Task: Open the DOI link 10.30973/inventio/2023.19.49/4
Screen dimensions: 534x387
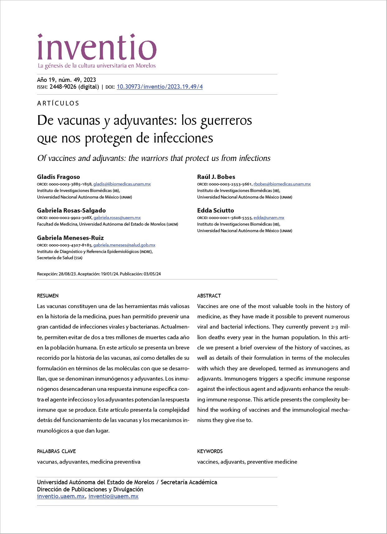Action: pos(159,87)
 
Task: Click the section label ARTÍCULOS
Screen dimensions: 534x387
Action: pos(58,103)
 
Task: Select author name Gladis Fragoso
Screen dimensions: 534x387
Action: pos(59,177)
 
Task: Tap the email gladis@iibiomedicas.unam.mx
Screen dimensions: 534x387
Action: pos(122,184)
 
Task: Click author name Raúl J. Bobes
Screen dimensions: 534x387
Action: pos(216,177)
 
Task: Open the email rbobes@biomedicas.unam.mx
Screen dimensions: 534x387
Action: pos(282,184)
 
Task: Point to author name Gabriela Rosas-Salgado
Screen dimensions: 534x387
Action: pos(71,210)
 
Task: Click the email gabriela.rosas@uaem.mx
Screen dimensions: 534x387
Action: pos(117,218)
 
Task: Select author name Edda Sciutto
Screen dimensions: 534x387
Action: pos(215,210)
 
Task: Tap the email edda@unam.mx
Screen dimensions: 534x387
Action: pos(269,218)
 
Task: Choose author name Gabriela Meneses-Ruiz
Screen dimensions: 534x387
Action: pos(70,238)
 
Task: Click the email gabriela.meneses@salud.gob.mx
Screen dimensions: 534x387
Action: pos(124,245)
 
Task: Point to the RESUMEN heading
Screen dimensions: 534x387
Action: pos(48,296)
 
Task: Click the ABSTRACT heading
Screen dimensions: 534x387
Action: pos(209,296)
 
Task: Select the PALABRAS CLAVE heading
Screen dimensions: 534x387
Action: pos(56,451)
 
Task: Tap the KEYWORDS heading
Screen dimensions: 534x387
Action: pos(210,451)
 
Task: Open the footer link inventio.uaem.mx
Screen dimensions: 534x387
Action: pos(61,496)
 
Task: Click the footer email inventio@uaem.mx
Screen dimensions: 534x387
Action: pos(113,496)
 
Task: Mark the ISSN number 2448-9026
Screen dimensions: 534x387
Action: pos(63,87)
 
